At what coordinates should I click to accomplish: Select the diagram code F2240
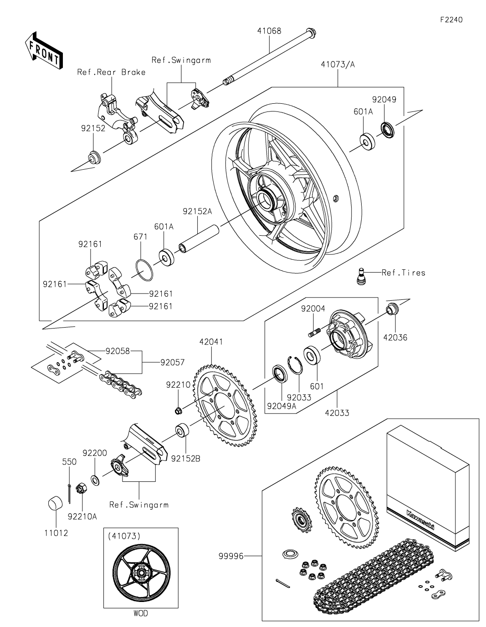tap(451, 20)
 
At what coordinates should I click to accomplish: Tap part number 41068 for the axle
tap(269, 31)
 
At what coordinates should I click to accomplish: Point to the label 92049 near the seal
tap(384, 100)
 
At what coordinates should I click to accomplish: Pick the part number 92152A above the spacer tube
tap(197, 212)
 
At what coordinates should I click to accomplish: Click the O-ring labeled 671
tap(144, 270)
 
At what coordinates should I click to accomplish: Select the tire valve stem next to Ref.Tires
tap(360, 277)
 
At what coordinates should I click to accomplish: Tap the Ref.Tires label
tap(404, 273)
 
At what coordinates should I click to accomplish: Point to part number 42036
tap(395, 337)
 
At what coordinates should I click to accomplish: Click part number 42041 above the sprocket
tap(211, 342)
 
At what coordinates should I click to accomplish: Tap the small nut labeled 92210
tap(178, 410)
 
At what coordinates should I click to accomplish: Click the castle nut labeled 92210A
tap(80, 488)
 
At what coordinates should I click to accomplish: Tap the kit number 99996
tap(231, 556)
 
